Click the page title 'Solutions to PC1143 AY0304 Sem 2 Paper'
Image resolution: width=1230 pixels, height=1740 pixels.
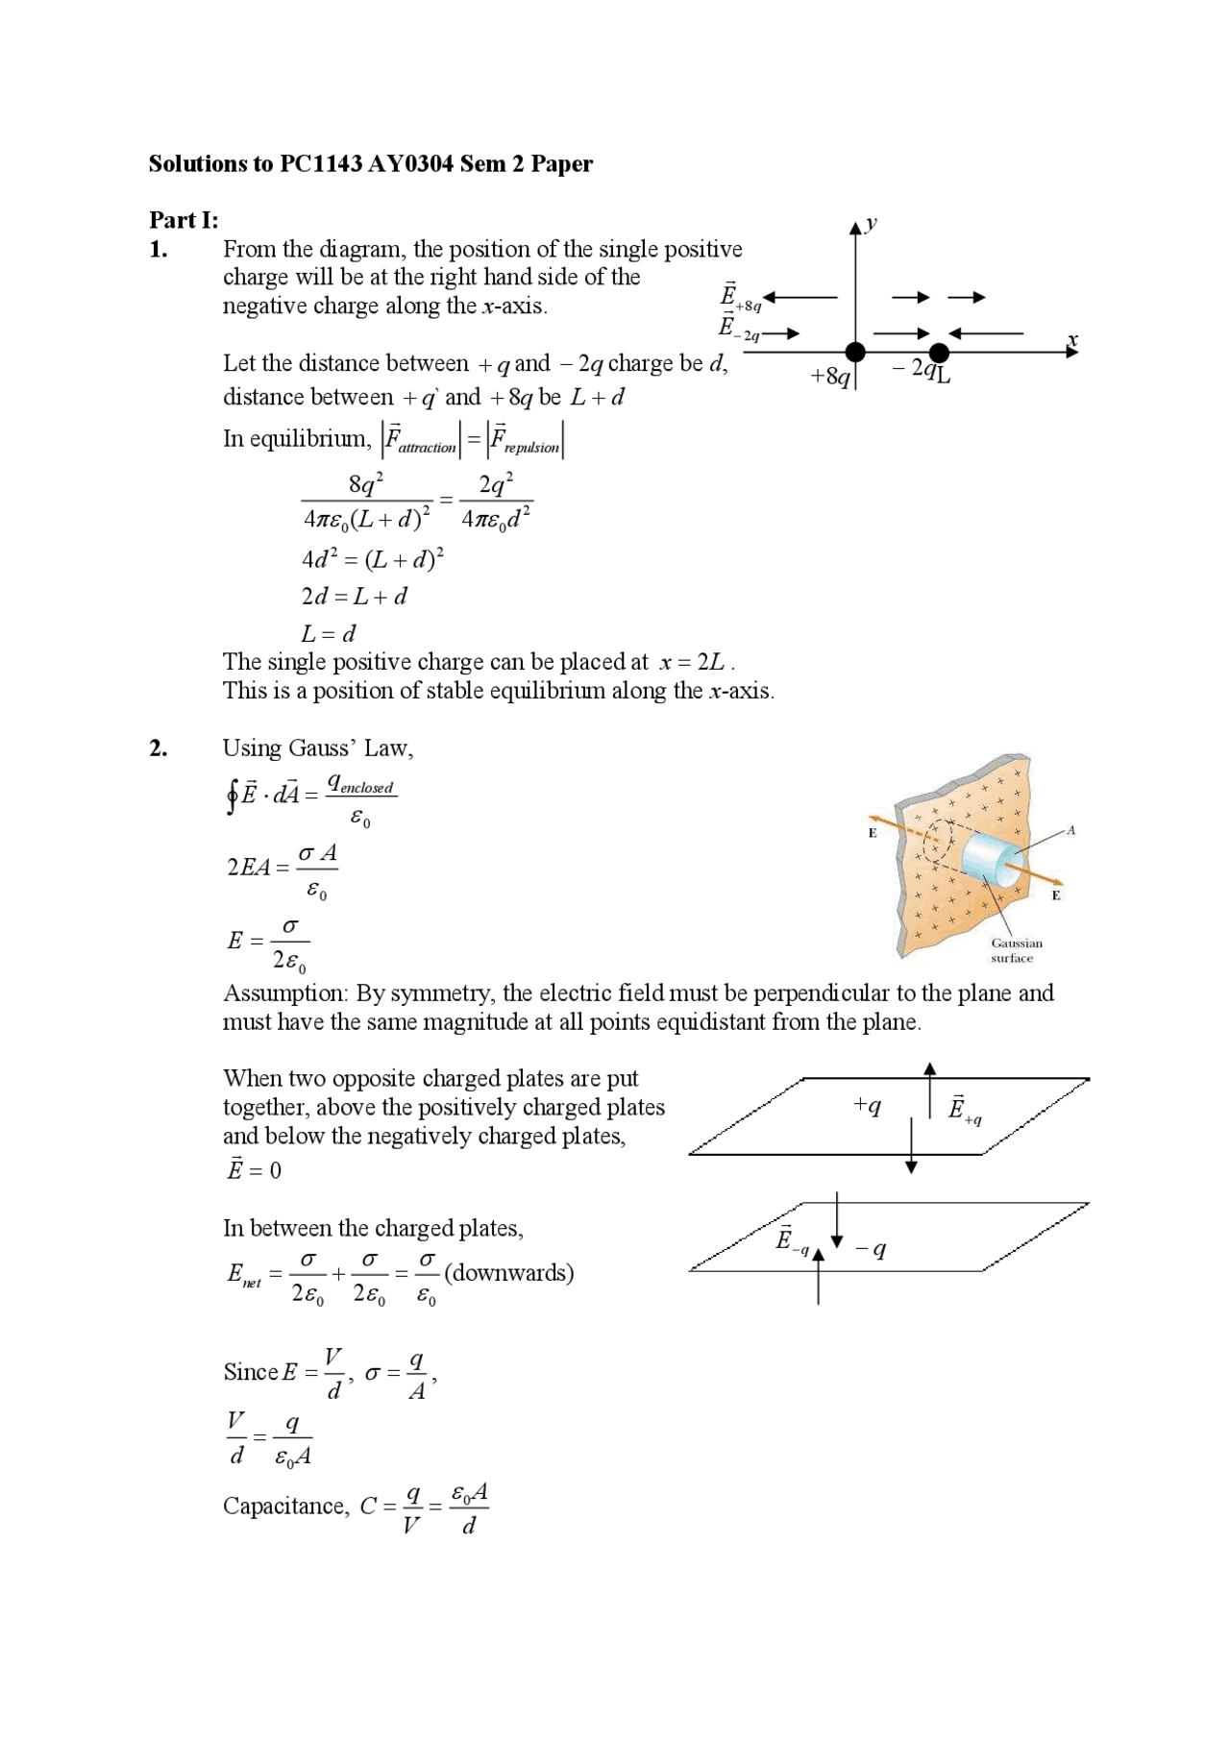point(370,164)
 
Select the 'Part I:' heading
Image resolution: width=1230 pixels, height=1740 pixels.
point(183,220)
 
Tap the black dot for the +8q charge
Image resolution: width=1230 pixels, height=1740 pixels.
point(854,353)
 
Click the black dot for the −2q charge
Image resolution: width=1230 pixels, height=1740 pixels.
point(939,353)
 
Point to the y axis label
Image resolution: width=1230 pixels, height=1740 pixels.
point(871,224)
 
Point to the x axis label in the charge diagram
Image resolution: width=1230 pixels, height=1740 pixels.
point(1072,340)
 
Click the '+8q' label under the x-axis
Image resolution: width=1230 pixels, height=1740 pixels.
point(830,377)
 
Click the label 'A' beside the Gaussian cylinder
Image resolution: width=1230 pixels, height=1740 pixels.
point(1070,830)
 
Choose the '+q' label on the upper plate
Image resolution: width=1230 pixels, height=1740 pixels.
point(866,1106)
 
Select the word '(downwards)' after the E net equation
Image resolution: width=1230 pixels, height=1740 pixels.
point(508,1273)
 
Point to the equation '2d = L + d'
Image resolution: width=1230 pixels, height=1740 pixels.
point(354,597)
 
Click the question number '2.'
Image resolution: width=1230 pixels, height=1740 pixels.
point(159,748)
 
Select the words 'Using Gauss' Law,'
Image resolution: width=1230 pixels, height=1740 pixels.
point(318,748)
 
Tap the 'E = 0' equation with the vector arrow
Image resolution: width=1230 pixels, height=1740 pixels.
point(254,1169)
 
